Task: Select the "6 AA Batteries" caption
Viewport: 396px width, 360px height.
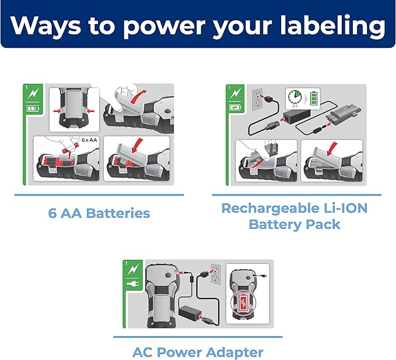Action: tap(99, 213)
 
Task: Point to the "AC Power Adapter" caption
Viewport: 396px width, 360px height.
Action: tap(198, 352)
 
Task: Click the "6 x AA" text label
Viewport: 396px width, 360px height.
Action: tap(89, 140)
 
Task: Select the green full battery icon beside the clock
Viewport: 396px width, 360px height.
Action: tap(314, 98)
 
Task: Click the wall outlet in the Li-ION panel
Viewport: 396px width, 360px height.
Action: tap(258, 100)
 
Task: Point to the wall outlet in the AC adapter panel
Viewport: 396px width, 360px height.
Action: tap(216, 274)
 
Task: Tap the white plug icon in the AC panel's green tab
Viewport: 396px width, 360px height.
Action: tap(133, 284)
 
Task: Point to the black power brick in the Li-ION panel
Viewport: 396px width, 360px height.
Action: tap(295, 117)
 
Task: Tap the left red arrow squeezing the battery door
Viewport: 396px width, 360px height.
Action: tap(58, 111)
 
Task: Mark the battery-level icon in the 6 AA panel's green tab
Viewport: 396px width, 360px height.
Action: tap(33, 109)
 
